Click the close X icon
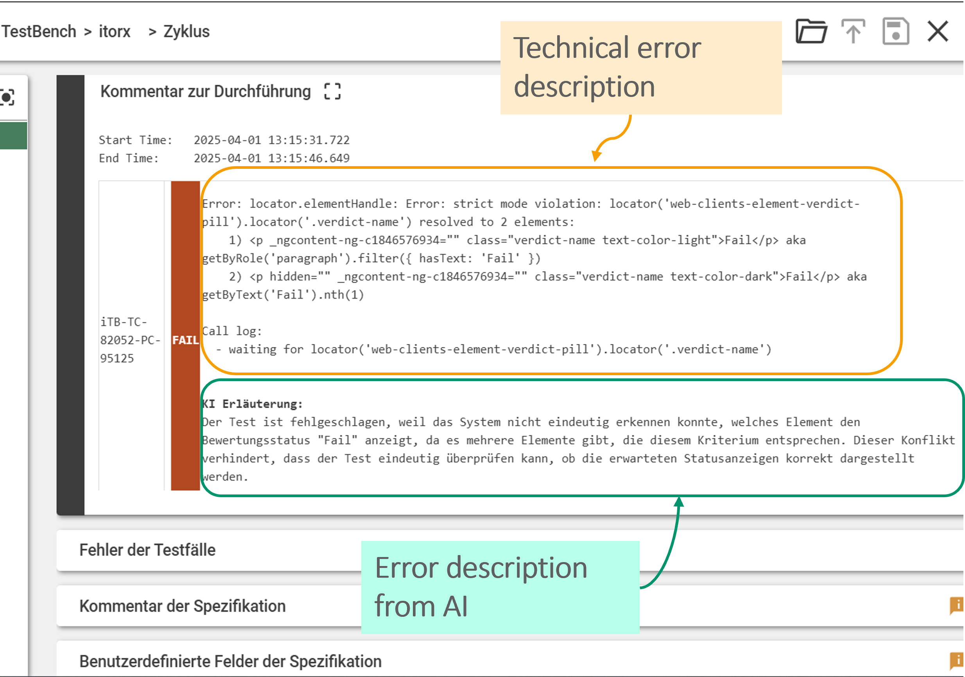click(x=938, y=32)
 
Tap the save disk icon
click(x=896, y=31)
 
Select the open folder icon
click(x=811, y=31)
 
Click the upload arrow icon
click(x=853, y=31)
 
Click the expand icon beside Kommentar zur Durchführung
click(x=332, y=91)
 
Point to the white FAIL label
click(x=185, y=340)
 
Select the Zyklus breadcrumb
click(x=186, y=32)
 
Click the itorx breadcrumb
click(x=114, y=32)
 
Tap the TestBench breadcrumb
click(x=39, y=32)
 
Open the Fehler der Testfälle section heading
click(x=147, y=550)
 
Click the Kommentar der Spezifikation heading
click(x=183, y=606)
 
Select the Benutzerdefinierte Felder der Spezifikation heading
click(x=230, y=661)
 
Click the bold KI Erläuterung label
click(x=252, y=404)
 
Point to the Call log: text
click(x=232, y=331)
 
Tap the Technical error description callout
click(x=641, y=68)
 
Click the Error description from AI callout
click(x=500, y=587)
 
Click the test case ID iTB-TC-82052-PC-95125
click(x=130, y=340)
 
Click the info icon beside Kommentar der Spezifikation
click(x=957, y=605)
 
